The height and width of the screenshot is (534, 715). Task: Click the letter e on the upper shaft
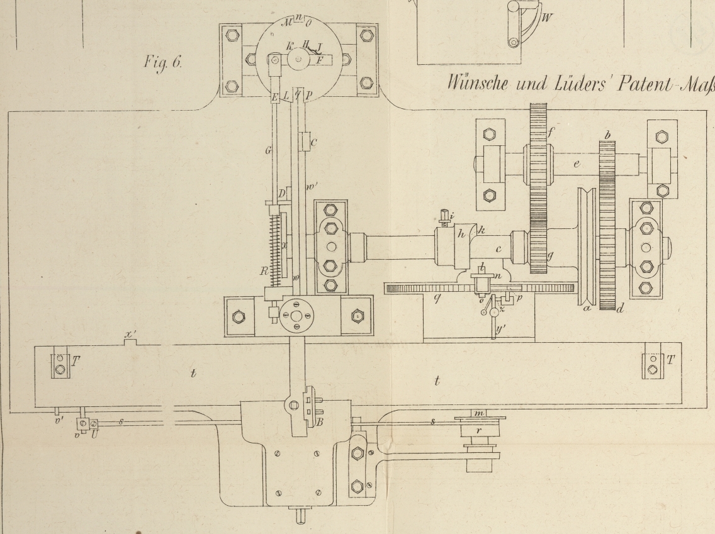[576, 165]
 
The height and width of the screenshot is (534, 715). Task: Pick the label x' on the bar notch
[130, 335]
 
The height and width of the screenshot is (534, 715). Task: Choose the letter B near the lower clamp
[319, 422]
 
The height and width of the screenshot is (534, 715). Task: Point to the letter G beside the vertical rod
[267, 151]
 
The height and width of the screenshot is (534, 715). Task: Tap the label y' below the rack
[502, 328]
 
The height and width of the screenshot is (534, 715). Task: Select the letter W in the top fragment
[548, 18]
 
